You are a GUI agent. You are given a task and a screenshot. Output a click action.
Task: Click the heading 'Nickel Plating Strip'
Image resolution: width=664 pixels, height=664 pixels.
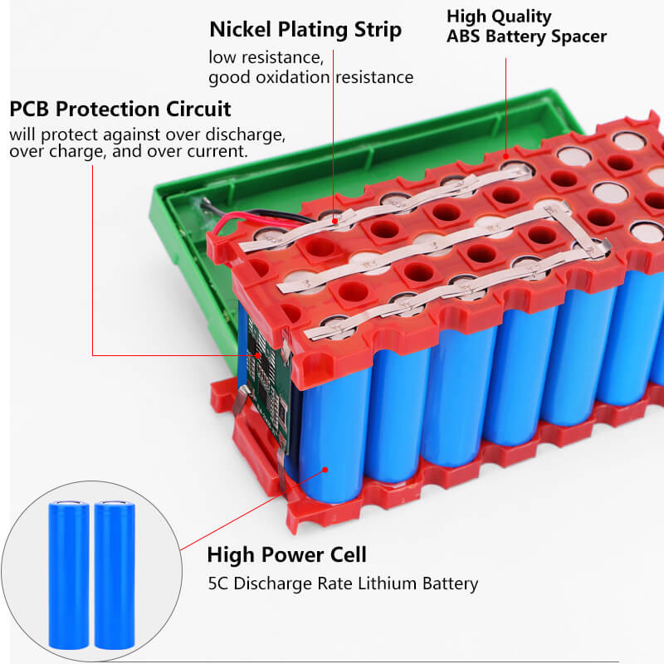305,31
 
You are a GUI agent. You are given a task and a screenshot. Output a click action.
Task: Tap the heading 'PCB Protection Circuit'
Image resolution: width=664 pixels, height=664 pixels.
120,110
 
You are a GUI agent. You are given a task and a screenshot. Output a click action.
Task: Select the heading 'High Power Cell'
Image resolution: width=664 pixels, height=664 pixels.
286,554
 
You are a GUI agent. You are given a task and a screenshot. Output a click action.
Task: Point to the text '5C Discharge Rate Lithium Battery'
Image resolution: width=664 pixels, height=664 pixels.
343,583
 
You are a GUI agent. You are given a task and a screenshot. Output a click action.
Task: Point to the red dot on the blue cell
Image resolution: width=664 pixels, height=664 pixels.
325,470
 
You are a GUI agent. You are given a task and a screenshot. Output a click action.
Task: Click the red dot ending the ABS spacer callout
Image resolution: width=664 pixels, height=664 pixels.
505,156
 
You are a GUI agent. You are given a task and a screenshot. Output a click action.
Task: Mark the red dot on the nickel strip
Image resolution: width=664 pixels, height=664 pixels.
334,221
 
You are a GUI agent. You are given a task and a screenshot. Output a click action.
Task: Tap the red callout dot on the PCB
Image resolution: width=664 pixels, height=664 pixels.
257,355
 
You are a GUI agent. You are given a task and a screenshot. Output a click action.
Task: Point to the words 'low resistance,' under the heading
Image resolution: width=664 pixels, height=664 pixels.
266,57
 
